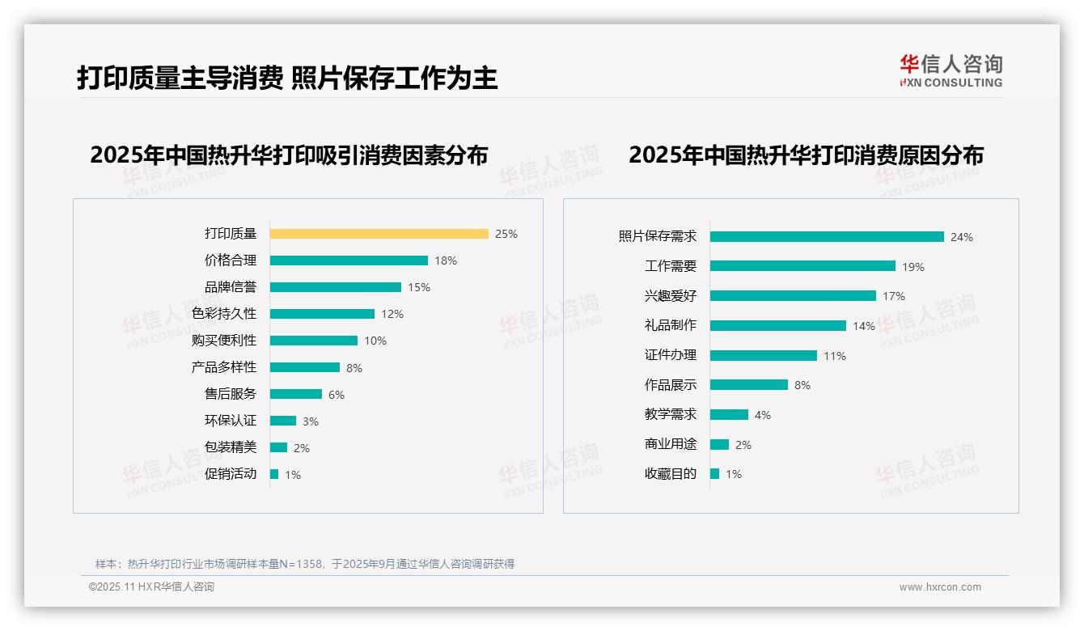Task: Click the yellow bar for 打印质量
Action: coord(379,234)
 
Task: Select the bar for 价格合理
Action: coord(349,260)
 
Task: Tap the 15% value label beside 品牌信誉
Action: coord(419,287)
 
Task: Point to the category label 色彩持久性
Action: coord(224,313)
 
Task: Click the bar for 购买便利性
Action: coord(314,341)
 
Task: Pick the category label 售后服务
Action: coord(231,394)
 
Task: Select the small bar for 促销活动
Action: coord(274,474)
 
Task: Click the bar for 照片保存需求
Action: coord(827,237)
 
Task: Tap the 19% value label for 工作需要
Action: coord(913,267)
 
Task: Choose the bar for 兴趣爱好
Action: coord(793,296)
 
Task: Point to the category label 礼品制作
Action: coord(671,325)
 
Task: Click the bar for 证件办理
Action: coord(764,355)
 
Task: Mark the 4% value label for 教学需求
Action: coord(763,415)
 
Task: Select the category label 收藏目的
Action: coord(671,474)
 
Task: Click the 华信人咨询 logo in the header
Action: coord(951,71)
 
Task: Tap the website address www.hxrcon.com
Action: coord(940,587)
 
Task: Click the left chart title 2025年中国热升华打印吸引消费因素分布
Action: coord(289,155)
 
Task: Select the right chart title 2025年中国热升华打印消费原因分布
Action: coord(806,155)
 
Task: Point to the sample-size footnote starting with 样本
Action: coord(305,564)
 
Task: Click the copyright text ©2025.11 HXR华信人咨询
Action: coord(151,587)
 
